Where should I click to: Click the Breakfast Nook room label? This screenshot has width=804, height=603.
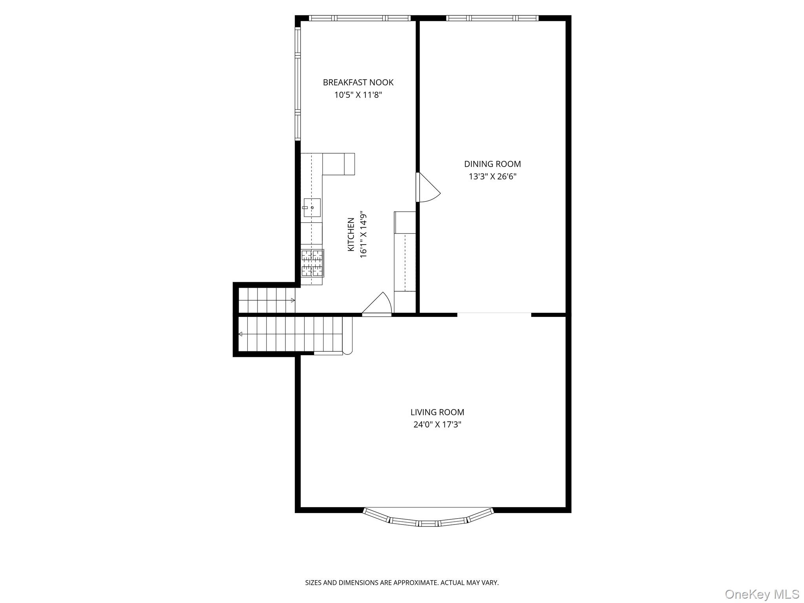(358, 82)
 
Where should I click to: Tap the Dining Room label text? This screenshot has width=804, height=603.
(492, 164)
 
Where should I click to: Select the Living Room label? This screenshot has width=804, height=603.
(437, 412)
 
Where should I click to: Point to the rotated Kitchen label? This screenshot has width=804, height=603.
(351, 234)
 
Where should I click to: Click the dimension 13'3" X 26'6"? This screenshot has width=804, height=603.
(492, 177)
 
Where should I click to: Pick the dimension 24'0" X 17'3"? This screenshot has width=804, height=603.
(437, 424)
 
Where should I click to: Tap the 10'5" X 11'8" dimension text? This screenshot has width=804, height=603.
(358, 95)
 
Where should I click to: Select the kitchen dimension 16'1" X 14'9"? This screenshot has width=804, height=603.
(363, 234)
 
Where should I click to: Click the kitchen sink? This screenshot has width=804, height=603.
(312, 208)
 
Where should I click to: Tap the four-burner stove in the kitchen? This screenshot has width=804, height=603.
(312, 263)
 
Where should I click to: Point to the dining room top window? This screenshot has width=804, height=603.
(492, 18)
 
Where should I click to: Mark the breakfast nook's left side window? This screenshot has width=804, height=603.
(298, 84)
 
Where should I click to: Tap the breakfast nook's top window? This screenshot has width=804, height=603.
(359, 18)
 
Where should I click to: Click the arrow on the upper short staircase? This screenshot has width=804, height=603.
(292, 300)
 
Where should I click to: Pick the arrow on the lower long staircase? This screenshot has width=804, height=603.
(241, 334)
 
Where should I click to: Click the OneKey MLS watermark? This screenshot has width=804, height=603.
(762, 594)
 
